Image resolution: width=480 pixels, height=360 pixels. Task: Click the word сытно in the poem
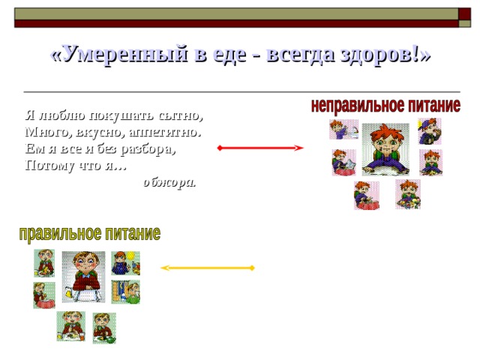[x=183, y=116]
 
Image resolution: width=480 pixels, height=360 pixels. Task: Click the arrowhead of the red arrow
[x=299, y=148]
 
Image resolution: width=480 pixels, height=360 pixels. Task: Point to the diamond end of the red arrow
[x=218, y=148]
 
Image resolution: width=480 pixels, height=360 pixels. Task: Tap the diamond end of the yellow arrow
[x=253, y=268]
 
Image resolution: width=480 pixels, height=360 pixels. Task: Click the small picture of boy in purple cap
[x=430, y=130]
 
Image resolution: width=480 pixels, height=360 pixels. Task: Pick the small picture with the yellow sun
[x=125, y=262]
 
